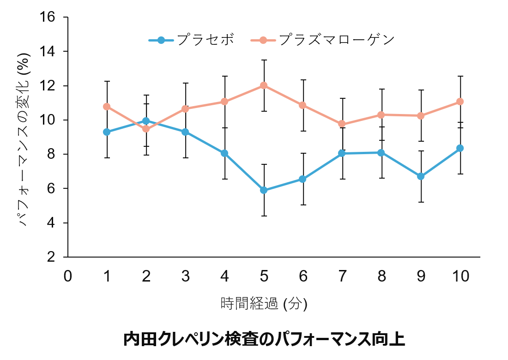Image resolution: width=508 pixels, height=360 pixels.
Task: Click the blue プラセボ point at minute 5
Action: point(264,190)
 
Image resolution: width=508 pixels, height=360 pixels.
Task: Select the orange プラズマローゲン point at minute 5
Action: point(264,85)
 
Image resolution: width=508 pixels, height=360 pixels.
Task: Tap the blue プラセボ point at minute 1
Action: point(107,132)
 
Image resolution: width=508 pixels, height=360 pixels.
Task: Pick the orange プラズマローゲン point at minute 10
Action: point(460,102)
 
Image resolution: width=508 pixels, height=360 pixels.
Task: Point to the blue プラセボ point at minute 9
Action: point(421,176)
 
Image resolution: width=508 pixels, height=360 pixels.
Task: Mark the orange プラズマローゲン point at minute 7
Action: point(342,124)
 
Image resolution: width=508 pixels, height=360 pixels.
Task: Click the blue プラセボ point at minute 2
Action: point(146,121)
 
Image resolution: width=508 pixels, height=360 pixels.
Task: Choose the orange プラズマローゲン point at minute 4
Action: point(224,102)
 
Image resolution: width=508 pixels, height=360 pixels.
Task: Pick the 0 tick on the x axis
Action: point(68,276)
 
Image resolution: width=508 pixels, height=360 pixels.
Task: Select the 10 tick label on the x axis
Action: point(460,276)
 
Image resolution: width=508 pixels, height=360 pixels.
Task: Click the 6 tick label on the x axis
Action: point(303,276)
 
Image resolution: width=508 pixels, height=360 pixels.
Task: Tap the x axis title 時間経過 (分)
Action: point(264,304)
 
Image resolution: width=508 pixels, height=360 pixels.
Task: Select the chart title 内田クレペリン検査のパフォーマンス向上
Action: point(264,339)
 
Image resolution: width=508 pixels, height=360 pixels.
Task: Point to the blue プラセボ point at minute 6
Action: point(303,179)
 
